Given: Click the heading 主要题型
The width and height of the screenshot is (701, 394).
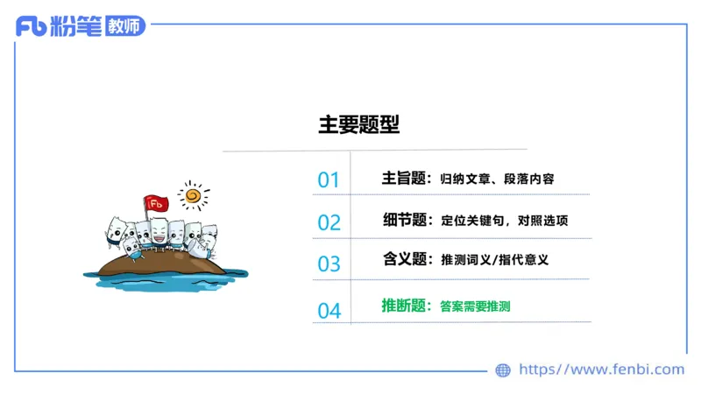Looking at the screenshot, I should pyautogui.click(x=358, y=125).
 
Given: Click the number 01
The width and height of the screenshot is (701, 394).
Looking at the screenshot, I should pyautogui.click(x=329, y=180).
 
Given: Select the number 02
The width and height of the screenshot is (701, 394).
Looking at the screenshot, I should pyautogui.click(x=329, y=222).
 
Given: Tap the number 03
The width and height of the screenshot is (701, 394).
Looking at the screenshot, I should pyautogui.click(x=329, y=264).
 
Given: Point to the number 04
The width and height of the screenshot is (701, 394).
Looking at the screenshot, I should pyautogui.click(x=329, y=310).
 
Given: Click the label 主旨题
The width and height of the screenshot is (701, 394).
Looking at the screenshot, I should pyautogui.click(x=404, y=179).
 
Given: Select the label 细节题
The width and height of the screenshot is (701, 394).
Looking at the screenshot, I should pyautogui.click(x=404, y=220).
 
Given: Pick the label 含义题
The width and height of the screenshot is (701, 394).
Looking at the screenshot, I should pyautogui.click(x=404, y=259).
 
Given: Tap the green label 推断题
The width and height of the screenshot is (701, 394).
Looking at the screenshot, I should pyautogui.click(x=404, y=306).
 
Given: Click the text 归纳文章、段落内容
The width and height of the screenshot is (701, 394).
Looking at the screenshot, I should pyautogui.click(x=497, y=179).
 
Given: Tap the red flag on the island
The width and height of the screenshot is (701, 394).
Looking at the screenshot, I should pyautogui.click(x=157, y=203).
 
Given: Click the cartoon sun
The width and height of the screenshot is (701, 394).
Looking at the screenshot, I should pyautogui.click(x=193, y=194).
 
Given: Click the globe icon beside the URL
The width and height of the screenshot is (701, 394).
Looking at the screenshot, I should pyautogui.click(x=503, y=370).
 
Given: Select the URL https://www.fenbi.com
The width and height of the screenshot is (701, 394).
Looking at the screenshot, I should pyautogui.click(x=601, y=369).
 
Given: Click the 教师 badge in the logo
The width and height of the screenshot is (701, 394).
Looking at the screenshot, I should pyautogui.click(x=123, y=27).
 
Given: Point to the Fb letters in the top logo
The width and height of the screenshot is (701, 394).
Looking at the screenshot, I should pyautogui.click(x=31, y=27).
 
